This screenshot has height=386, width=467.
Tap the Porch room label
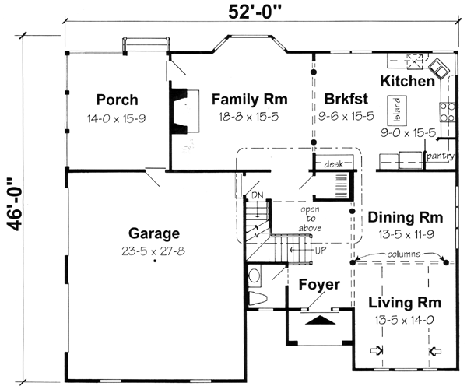point(118,100)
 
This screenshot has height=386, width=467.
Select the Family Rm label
point(249,100)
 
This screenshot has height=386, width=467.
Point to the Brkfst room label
point(340,100)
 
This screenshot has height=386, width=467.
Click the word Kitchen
point(407,82)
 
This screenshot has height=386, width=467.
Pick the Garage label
point(155,233)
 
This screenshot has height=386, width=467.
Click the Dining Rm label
point(406,217)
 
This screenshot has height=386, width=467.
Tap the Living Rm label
point(405,303)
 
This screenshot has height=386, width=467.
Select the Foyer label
point(319,285)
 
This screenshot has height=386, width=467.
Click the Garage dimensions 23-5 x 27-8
point(155,251)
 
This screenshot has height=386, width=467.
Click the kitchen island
point(396,111)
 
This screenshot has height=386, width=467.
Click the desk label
point(335,163)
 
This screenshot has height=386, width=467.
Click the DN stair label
point(256,195)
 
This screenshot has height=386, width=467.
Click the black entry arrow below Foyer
point(319,319)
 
